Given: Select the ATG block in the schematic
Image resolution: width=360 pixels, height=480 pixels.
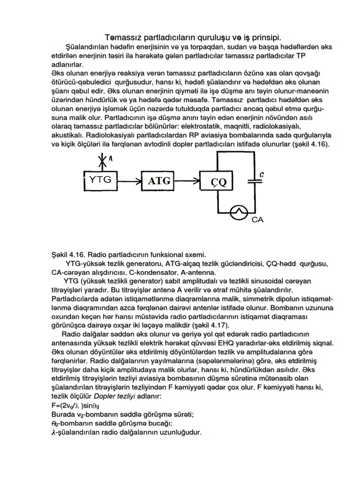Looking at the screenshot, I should tap(159, 180).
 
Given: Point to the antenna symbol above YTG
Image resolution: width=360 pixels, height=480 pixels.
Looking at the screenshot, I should tap(104, 161).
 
